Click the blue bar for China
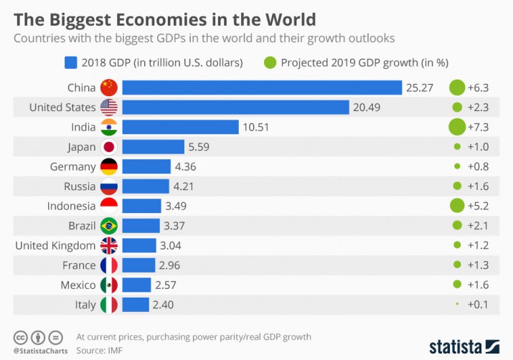pyautogui.click(x=261, y=87)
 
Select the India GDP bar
pyautogui.click(x=180, y=127)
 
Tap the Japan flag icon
pyautogui.click(x=109, y=147)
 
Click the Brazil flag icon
pyautogui.click(x=109, y=226)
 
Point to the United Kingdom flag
pyautogui.click(x=109, y=245)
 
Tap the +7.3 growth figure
pyautogui.click(x=478, y=127)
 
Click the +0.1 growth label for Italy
pyautogui.click(x=478, y=305)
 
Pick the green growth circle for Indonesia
pyautogui.click(x=456, y=206)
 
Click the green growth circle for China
pyautogui.click(x=456, y=87)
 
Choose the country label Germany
pyautogui.click(x=72, y=166)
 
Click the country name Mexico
pyautogui.click(x=77, y=285)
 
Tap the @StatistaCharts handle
pyautogui.click(x=37, y=351)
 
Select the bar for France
pyautogui.click(x=138, y=265)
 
